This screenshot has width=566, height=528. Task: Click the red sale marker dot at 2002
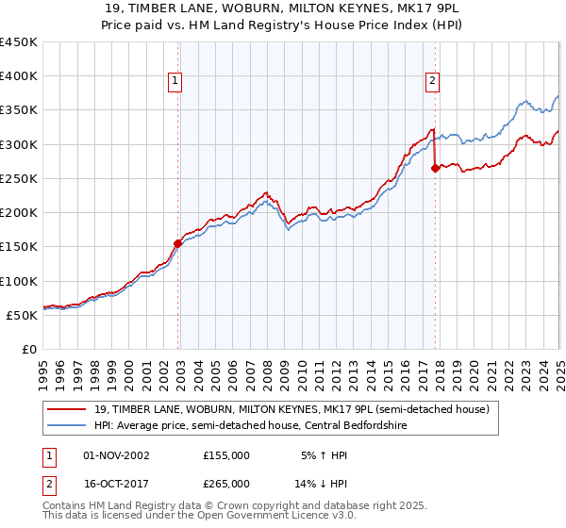[x=177, y=242]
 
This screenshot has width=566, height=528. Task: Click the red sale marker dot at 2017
[x=435, y=168]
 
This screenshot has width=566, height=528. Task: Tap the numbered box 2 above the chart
[x=432, y=82]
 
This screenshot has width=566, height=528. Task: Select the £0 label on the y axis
[x=28, y=350]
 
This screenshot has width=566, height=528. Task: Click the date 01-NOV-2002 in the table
[x=116, y=455]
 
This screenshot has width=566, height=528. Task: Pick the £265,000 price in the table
[x=226, y=483]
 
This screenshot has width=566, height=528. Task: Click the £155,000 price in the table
[x=226, y=455]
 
